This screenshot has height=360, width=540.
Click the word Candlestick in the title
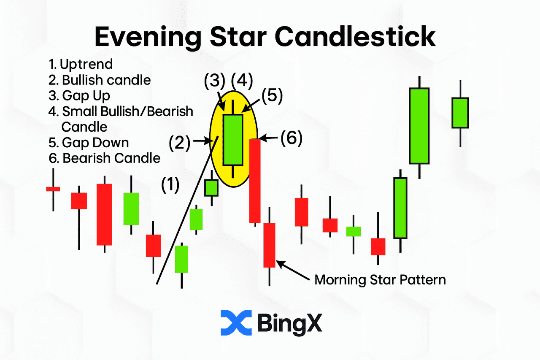pos(355,37)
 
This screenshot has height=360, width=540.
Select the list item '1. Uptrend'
pos(81,64)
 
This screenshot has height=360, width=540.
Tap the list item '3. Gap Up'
pos(79,96)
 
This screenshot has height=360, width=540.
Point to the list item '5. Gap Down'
pos(89,143)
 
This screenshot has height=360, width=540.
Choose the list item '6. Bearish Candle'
pos(104,158)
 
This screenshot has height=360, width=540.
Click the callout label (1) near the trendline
pos(170,185)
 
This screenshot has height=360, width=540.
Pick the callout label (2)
pos(179,143)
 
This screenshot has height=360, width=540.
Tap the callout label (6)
pos(292,138)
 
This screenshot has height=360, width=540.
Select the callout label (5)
pos(272,96)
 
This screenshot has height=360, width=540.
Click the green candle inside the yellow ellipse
pos(233,140)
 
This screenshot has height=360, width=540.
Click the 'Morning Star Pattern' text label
pos(380,280)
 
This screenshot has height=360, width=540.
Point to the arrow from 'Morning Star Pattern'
pos(293,270)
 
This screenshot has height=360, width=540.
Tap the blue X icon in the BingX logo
pos(236,322)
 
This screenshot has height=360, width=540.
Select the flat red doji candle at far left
pos(53,189)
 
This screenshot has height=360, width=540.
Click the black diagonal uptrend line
pos(187,210)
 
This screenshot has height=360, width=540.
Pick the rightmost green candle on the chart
pos(460,113)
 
